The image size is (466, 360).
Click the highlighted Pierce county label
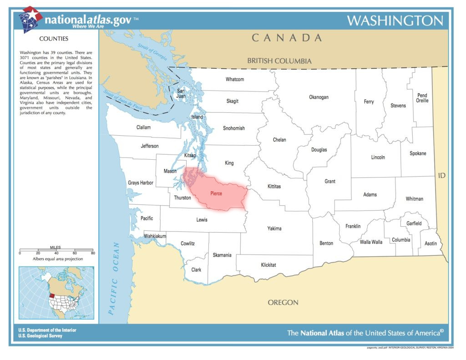(216, 193)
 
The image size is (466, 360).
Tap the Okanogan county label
(319, 97)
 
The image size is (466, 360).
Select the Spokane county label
(418, 153)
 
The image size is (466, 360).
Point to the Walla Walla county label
(371, 242)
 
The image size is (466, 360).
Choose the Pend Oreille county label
(422, 98)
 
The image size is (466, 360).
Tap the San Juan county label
(181, 93)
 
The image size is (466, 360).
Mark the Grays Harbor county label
(141, 183)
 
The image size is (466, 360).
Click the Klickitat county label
(268, 264)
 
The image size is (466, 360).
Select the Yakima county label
(274, 228)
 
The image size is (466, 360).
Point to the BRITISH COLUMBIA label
(279, 61)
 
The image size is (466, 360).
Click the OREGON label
(283, 302)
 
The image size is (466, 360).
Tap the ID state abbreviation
(441, 175)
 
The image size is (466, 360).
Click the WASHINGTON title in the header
(395, 21)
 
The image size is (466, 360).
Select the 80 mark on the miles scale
(92, 253)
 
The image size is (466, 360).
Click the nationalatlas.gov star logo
(30, 20)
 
